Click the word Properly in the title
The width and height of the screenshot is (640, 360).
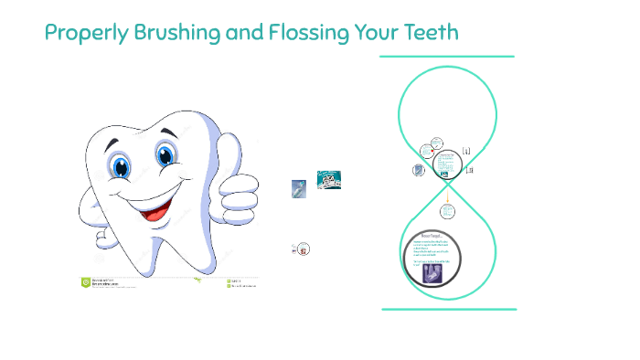pyautogui.click(x=80, y=34)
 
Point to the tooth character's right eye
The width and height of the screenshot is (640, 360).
pyautogui.click(x=166, y=154)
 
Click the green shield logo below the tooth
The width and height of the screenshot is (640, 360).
pyautogui.click(x=86, y=282)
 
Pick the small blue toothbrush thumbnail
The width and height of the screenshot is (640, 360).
pyautogui.click(x=298, y=188)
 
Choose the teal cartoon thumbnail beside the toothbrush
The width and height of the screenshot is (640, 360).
pyautogui.click(x=329, y=180)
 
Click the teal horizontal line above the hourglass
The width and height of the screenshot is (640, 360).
pyautogui.click(x=447, y=56)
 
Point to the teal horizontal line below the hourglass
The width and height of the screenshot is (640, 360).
pyautogui.click(x=448, y=309)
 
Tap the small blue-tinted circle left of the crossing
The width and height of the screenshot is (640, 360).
pyautogui.click(x=419, y=171)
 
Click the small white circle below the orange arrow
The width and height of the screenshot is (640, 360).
pyautogui.click(x=447, y=211)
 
